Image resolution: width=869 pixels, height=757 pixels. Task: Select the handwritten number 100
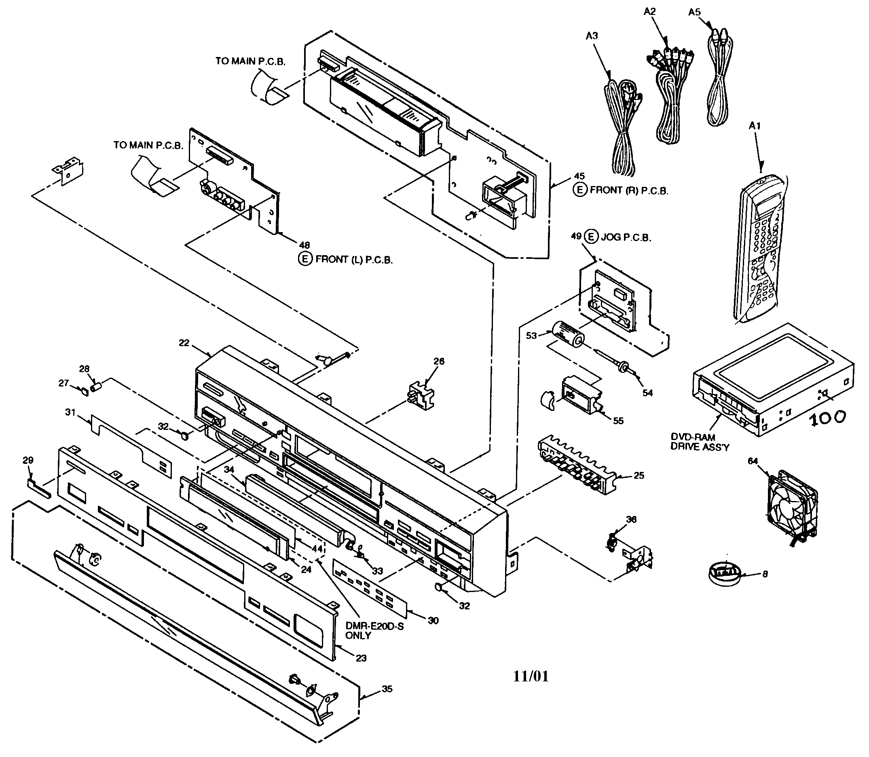click(828, 417)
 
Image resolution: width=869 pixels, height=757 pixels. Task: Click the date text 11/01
click(531, 676)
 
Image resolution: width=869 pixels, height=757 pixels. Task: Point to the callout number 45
click(579, 176)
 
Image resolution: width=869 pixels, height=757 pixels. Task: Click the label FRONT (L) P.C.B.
click(353, 260)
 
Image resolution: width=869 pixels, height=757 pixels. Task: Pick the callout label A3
click(592, 36)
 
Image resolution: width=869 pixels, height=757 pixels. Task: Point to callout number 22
click(184, 343)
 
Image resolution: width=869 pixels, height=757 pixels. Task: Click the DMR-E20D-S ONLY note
click(374, 631)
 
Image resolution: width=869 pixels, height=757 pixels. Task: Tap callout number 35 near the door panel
click(387, 689)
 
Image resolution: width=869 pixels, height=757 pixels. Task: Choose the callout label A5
click(694, 12)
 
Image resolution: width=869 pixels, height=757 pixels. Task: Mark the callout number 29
click(28, 460)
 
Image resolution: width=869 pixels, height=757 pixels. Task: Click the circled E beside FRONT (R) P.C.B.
click(579, 190)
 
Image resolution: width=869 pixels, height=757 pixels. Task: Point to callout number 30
click(433, 621)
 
